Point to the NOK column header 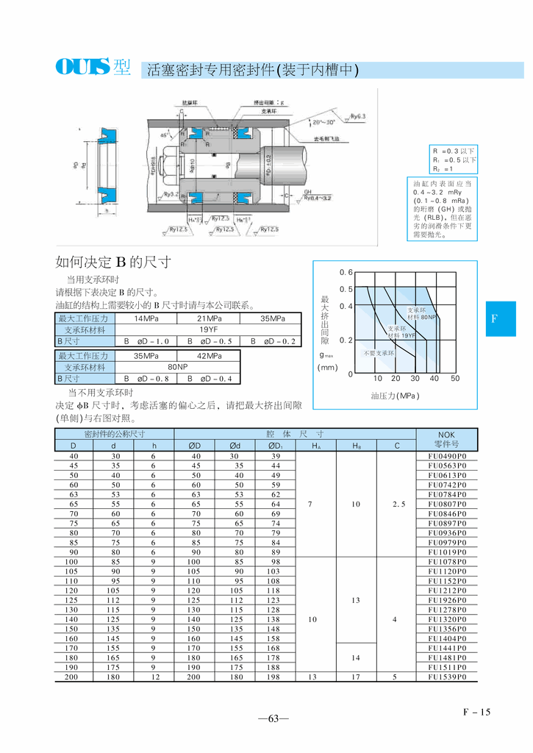coord(447,439)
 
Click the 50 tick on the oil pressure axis coord(454,378)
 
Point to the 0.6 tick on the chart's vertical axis coord(346,272)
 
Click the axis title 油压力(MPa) coord(395,396)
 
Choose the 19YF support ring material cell coord(209,330)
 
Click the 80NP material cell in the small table coord(177,367)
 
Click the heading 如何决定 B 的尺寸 coord(113,263)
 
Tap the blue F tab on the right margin coord(494,318)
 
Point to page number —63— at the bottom coord(273,719)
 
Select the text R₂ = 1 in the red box coord(443,169)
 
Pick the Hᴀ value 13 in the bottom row coord(315,677)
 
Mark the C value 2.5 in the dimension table coord(396,504)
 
